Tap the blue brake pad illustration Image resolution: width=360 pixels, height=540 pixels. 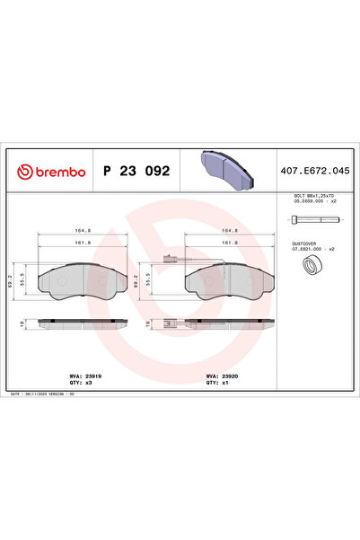tap(226, 169)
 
